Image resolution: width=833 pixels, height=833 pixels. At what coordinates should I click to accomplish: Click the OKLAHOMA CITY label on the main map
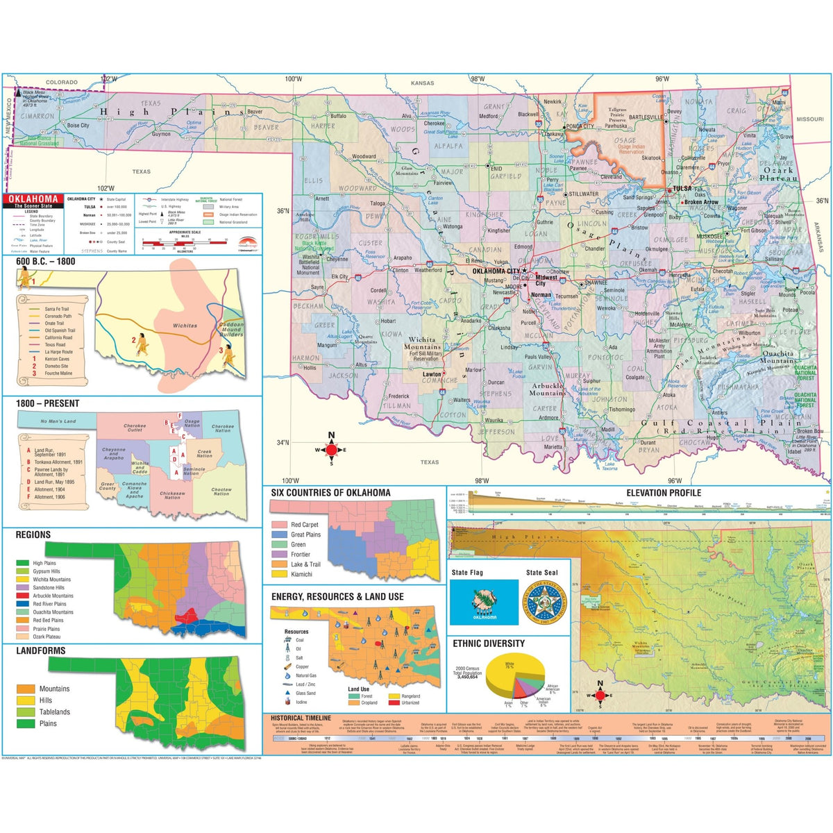[x=496, y=271]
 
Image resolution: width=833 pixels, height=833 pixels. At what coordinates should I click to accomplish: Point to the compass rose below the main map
[x=331, y=449]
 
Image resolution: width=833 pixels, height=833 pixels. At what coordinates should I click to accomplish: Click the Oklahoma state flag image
[x=484, y=601]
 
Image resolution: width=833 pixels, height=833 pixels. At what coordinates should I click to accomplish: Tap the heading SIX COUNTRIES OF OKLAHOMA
[x=330, y=493]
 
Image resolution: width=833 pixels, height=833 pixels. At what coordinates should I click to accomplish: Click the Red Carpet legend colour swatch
[x=279, y=525]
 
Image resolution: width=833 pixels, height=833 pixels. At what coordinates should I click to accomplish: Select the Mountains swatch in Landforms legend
[x=26, y=689]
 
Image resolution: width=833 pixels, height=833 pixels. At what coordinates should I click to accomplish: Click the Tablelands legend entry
[x=54, y=712]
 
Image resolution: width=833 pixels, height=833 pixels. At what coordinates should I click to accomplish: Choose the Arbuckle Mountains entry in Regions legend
[x=52, y=596]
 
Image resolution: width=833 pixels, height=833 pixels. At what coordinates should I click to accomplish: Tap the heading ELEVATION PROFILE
[x=663, y=493]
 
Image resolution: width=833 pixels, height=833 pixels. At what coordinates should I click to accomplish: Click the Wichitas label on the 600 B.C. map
[x=185, y=325]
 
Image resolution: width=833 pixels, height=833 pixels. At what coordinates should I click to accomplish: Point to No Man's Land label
[x=58, y=421]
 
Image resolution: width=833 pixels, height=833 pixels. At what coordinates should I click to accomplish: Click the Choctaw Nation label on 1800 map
[x=221, y=491]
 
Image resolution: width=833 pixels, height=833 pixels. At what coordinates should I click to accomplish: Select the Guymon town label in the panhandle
[x=161, y=134]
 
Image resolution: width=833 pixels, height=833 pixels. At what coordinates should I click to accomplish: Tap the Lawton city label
[x=432, y=373]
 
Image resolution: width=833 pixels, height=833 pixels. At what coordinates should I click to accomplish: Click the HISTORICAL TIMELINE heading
[x=301, y=718]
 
